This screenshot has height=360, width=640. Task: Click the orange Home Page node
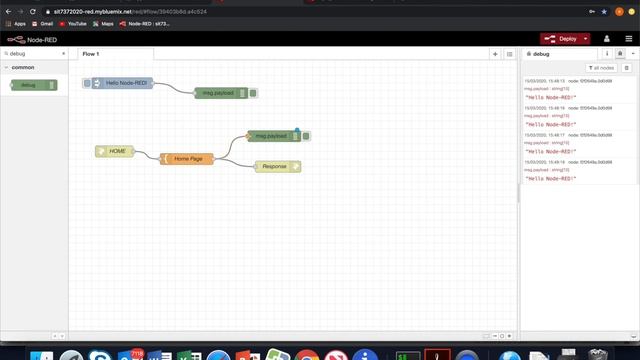pyautogui.click(x=188, y=158)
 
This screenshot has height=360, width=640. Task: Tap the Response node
pyautogui.click(x=275, y=166)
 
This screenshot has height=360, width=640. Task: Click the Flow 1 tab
pyautogui.click(x=90, y=53)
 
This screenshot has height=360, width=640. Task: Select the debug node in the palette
pyautogui.click(x=33, y=85)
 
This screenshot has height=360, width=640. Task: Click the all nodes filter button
pyautogui.click(x=601, y=68)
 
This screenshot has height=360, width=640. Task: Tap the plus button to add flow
pyautogui.click(x=495, y=53)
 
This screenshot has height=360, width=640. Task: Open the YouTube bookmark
pyautogui.click(x=73, y=23)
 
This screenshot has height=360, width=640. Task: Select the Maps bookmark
pyautogui.click(x=104, y=23)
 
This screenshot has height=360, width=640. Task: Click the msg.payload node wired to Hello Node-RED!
pyautogui.click(x=221, y=93)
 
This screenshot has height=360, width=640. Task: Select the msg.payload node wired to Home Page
pyautogui.click(x=271, y=136)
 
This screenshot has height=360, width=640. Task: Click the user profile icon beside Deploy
pyautogui.click(x=606, y=39)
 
